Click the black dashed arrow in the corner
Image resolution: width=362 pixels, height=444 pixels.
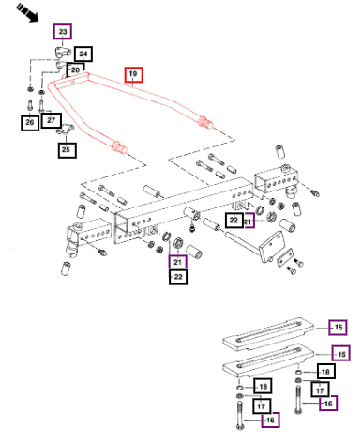[27, 12]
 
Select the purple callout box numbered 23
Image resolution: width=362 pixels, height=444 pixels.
[63, 32]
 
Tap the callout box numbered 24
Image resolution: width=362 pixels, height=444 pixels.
[83, 54]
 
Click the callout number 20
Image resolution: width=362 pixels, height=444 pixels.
[75, 69]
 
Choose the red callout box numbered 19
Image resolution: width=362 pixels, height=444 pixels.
[133, 74]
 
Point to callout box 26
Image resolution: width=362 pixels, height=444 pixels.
[30, 122]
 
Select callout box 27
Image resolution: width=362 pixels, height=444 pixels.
[52, 120]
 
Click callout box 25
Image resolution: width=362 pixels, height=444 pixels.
[67, 150]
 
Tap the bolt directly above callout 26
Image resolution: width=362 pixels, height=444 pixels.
[30, 104]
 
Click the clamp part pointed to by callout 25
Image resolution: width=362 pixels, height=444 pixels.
[65, 130]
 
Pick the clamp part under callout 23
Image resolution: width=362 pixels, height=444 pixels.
[62, 51]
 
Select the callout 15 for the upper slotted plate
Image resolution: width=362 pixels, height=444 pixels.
[338, 328]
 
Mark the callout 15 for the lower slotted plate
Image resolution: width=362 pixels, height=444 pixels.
[341, 354]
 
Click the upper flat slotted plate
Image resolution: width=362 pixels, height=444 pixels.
[268, 332]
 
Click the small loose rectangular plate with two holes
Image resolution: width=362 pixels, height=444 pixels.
[285, 257]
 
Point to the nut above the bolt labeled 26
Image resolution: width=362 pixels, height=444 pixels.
[30, 89]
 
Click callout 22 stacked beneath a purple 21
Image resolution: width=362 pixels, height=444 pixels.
[178, 277]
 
